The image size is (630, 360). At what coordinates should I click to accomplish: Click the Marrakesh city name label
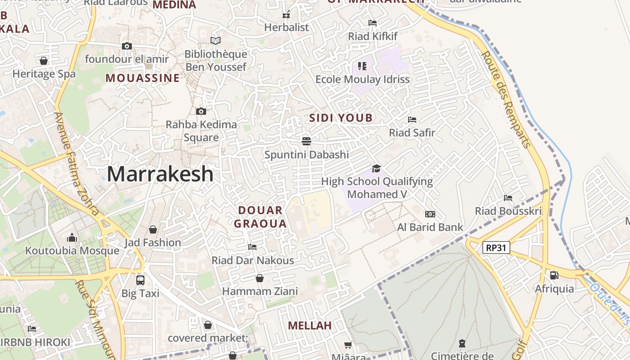(160, 174)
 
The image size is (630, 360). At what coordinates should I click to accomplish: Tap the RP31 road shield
(496, 247)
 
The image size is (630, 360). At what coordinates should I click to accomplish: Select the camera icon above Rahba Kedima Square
(201, 111)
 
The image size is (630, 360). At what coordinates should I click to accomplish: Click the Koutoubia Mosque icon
(72, 238)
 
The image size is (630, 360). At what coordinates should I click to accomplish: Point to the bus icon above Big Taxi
(140, 280)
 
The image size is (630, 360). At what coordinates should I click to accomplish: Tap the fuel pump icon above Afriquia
(554, 275)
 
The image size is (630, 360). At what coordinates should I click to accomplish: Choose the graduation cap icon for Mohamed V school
(376, 168)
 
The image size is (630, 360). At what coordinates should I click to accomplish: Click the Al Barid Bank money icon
(430, 214)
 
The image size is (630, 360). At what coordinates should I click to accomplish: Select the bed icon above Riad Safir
(412, 119)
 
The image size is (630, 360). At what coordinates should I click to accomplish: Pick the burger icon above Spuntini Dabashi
(306, 141)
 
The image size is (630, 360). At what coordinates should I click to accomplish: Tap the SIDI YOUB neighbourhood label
(341, 118)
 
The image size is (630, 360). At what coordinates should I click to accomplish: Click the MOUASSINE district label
(143, 78)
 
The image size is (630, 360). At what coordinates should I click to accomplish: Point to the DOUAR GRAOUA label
(261, 217)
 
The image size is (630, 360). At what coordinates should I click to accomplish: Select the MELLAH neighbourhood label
(310, 325)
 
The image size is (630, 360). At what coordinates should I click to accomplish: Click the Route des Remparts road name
(506, 99)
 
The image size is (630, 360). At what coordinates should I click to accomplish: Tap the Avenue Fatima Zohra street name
(76, 164)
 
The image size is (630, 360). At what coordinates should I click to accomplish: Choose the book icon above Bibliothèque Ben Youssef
(216, 41)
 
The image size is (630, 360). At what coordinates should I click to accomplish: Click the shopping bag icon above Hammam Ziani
(260, 278)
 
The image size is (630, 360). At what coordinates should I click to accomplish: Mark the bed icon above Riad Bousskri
(508, 198)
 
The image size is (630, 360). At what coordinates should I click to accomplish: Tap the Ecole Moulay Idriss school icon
(362, 66)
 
